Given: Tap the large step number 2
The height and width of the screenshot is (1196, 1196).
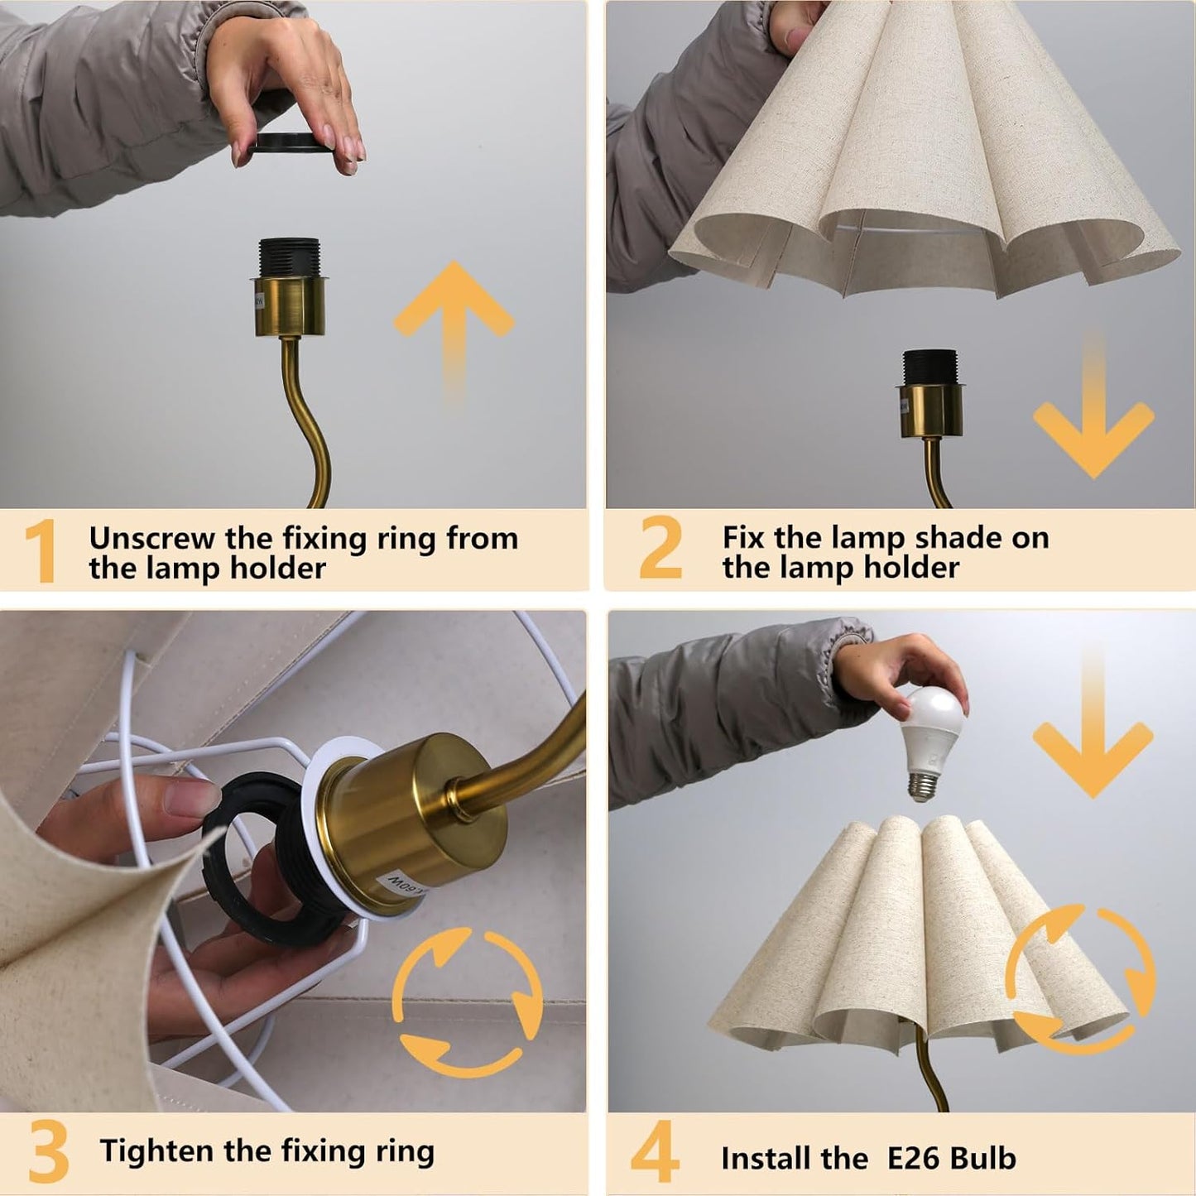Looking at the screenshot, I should [x=660, y=547].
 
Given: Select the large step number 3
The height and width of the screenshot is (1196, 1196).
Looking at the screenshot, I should [x=48, y=1152].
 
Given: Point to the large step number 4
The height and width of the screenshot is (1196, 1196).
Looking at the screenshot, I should [x=655, y=1152].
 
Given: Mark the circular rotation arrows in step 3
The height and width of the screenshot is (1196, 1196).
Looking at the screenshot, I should [x=467, y=1001].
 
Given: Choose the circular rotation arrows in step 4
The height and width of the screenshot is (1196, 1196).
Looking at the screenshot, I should [x=1080, y=977].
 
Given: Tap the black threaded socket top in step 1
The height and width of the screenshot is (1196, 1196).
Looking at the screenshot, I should [x=289, y=257].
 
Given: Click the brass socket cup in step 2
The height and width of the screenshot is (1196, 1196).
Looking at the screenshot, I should [x=930, y=410].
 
